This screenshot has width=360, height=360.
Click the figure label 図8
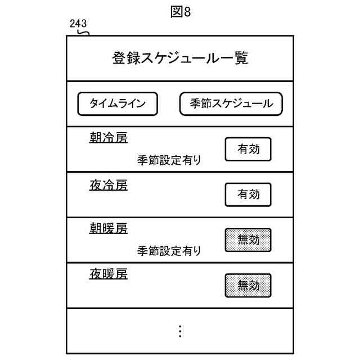pos(181,12)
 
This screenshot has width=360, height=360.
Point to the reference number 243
pos(78,24)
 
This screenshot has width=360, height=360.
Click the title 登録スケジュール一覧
pos(180,58)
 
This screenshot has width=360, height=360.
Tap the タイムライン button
pos(118,103)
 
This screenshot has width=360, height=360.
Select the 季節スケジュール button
pos(231,103)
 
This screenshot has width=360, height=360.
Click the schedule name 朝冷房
pos(109,138)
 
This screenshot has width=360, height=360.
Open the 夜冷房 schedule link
pos(109,184)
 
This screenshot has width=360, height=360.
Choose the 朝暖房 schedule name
pos(109,229)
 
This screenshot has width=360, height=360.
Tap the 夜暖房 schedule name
pos(109,274)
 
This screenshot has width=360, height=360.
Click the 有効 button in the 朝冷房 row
pos(248,149)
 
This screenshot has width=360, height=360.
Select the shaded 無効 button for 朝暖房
pos(248,240)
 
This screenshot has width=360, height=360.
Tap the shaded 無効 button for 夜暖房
pos(248,285)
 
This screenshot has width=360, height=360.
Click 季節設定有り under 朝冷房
pos(169,160)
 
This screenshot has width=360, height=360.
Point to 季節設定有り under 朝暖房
pos(169,251)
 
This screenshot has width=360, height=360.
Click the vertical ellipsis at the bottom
pos(180,331)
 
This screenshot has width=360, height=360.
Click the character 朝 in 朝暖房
pos(96,229)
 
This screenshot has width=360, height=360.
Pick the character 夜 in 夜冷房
pos(96,184)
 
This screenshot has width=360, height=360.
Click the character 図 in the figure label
pos(175,12)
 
